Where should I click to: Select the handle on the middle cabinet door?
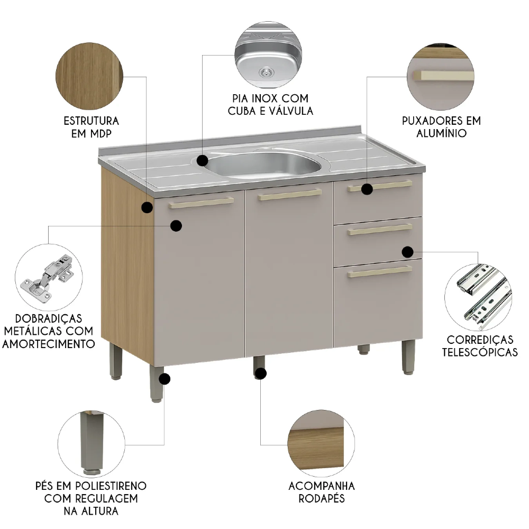[290, 195]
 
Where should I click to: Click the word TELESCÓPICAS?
[480, 352]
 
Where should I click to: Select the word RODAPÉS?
[322, 498]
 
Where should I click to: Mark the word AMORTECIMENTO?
[49, 344]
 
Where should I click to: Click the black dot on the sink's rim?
[203, 160]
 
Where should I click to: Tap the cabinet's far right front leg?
[408, 357]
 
